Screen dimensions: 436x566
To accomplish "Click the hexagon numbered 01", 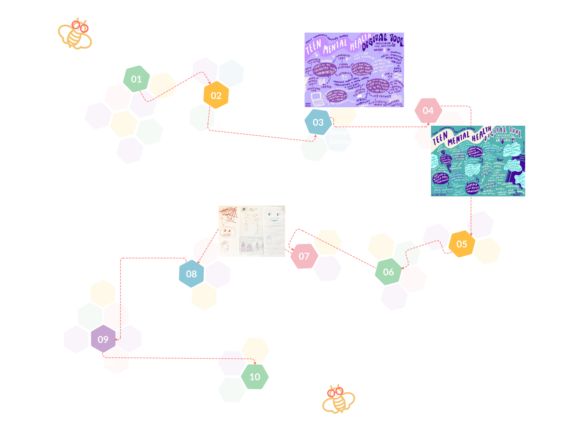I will point(136,79).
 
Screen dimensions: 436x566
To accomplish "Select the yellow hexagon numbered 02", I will point(216,96).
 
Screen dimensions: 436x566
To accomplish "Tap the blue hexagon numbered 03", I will point(318,123).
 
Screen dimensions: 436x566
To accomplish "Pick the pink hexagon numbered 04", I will point(428,111).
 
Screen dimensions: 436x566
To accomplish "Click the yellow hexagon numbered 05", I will point(462,244).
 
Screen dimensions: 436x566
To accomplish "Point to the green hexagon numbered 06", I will point(388,272).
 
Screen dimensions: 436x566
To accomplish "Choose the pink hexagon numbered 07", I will point(304,256).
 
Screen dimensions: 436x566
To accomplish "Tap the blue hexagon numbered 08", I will point(192,274).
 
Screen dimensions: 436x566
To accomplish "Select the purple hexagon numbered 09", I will point(103,339).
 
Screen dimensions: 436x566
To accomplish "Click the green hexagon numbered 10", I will point(255,377).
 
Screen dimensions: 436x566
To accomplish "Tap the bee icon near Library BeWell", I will point(338,399).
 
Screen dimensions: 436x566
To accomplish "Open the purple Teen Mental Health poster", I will point(354,70).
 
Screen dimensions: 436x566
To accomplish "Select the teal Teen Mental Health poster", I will point(478,161).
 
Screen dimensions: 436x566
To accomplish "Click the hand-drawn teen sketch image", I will point(252,231).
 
